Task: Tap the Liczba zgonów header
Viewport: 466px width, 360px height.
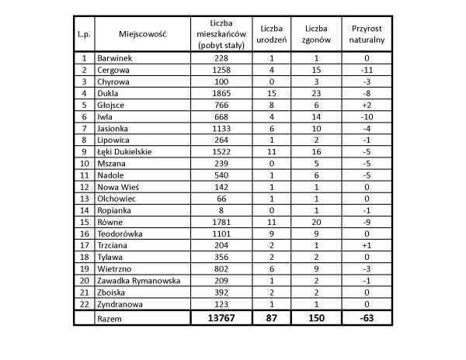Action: pyautogui.click(x=317, y=34)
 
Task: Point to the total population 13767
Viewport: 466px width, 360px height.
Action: pyautogui.click(x=221, y=319)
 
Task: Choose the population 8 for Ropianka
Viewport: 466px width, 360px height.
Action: pyautogui.click(x=221, y=209)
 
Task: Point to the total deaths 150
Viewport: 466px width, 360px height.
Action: pyautogui.click(x=317, y=319)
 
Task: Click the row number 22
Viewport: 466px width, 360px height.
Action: pyautogui.click(x=83, y=306)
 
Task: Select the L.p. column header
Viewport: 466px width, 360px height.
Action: pyautogui.click(x=83, y=34)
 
